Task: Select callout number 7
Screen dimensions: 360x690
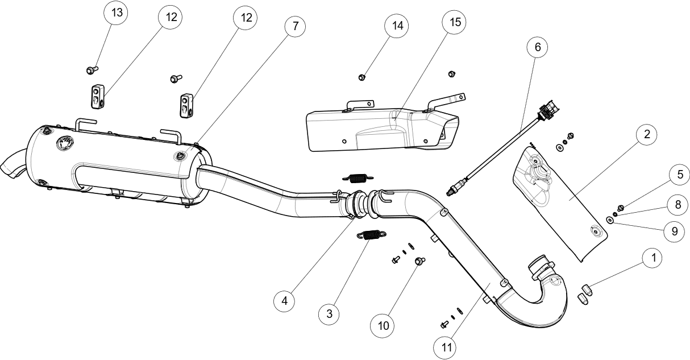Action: point(295,26)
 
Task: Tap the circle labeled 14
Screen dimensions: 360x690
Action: point(397,26)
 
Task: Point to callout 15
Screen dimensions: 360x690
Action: point(455,22)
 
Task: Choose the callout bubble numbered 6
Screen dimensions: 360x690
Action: point(537,47)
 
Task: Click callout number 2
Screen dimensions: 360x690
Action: point(646,135)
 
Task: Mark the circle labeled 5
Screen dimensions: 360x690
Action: point(679,175)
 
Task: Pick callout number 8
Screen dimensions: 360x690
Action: point(677,203)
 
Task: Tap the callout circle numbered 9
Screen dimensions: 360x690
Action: point(674,231)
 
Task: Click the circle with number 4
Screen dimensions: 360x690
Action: point(284,301)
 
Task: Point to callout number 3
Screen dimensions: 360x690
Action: point(329,313)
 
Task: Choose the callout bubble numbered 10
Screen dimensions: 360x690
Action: point(383,326)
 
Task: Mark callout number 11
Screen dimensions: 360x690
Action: point(445,346)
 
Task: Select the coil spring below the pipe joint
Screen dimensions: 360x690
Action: point(372,234)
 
